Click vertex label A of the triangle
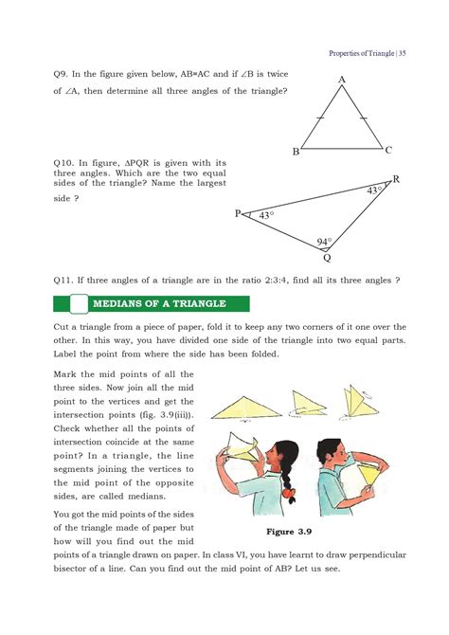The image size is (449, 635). coord(341,80)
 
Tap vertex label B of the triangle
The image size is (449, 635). coord(296,152)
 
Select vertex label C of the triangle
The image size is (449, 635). coord(388,150)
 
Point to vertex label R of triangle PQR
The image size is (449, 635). coord(395,179)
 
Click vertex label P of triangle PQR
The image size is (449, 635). coord(239,214)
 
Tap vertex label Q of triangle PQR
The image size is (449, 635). coord(327,257)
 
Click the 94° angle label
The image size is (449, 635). coord(326,242)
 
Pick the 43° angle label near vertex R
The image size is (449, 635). coord(375,191)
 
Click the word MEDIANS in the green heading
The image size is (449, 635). coord(120,304)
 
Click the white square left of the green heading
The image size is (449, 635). coord(74,304)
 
